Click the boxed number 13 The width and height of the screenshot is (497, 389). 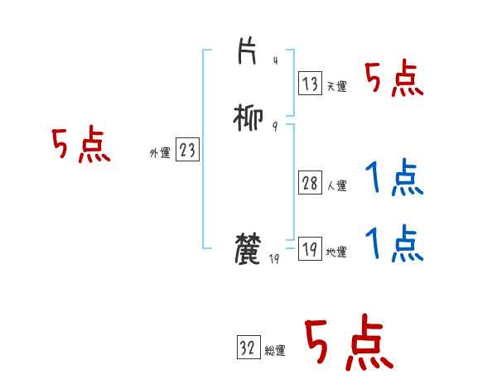[310, 83]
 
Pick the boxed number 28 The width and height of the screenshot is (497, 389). [310, 184]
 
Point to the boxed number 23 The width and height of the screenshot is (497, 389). [187, 150]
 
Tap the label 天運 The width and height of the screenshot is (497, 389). [336, 86]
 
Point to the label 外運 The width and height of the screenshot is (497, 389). [160, 152]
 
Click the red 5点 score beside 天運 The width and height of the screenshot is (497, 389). [394, 80]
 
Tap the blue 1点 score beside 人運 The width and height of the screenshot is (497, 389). [394, 178]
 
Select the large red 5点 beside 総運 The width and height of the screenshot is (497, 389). [348, 343]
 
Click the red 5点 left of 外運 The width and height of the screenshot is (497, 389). [80, 146]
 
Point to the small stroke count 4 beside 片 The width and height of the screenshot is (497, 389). [275, 60]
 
